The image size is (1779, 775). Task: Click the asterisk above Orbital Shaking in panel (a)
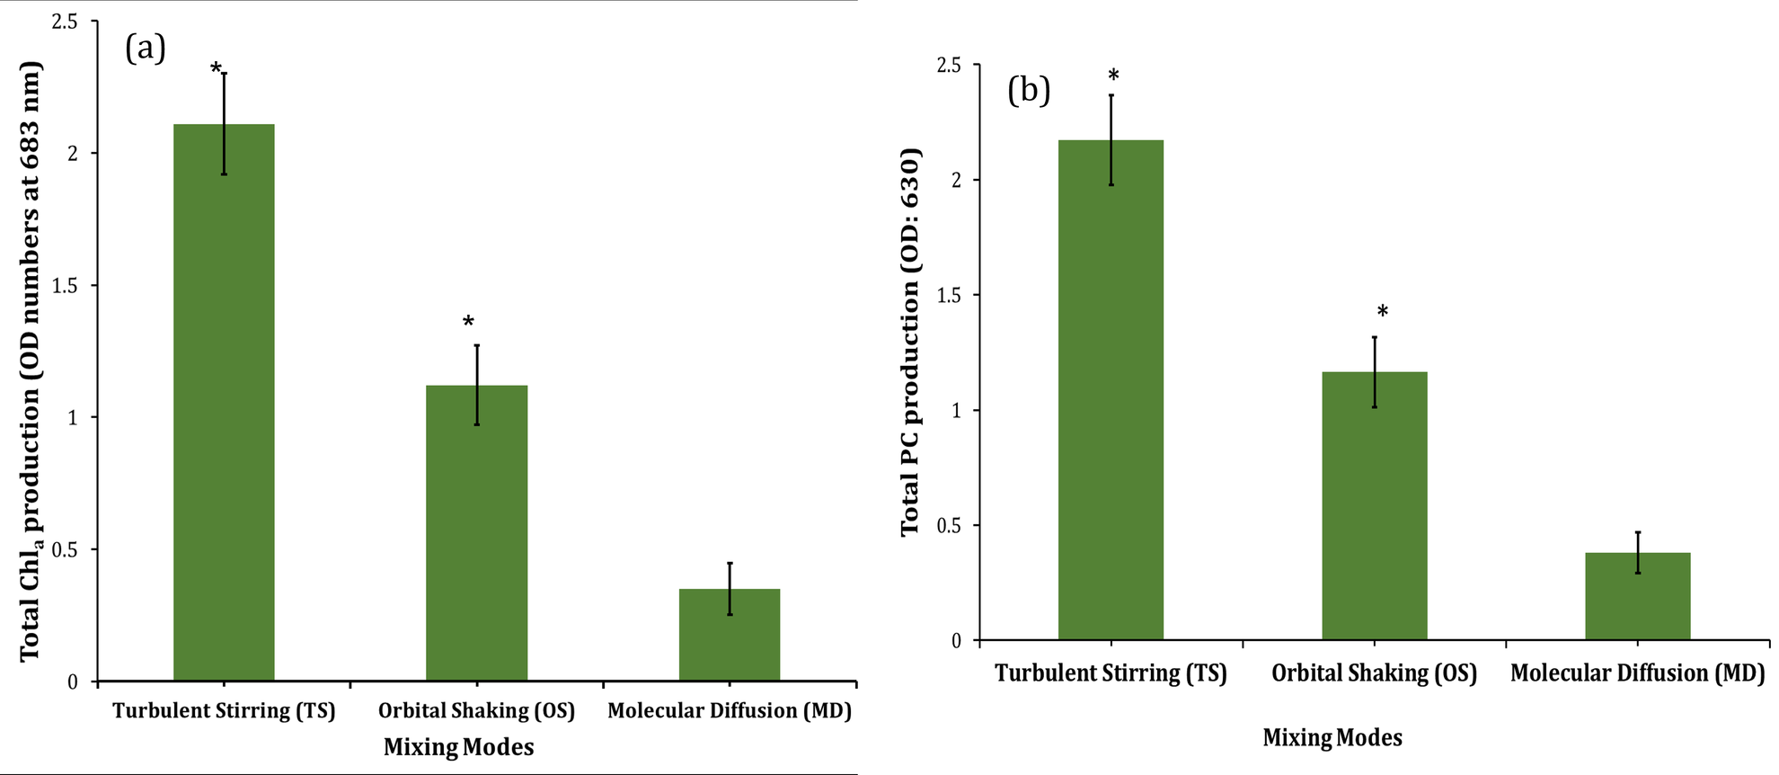[468, 322]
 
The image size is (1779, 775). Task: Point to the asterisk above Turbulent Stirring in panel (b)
[1113, 76]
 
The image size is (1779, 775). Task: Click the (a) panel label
[145, 48]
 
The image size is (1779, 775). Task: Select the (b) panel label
[1029, 90]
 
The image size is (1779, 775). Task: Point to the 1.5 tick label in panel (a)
[66, 285]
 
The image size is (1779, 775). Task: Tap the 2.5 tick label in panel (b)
[948, 66]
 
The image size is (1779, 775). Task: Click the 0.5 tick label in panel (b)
[948, 525]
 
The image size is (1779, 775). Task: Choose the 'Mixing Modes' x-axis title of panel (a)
[458, 747]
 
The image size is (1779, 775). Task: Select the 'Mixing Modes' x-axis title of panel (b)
[1332, 738]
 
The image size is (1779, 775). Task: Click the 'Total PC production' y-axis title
[910, 342]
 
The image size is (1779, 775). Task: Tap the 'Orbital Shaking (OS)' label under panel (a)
[476, 711]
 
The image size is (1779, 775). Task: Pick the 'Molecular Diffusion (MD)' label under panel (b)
[1637, 673]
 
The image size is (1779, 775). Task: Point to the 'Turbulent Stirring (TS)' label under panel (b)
[1111, 673]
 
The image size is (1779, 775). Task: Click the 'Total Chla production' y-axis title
[31, 360]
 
